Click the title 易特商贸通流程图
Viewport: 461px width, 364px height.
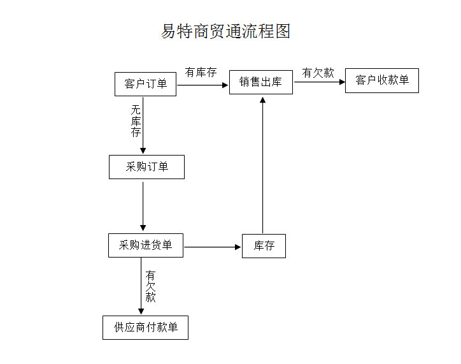[226, 31]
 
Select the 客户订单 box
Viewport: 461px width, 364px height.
[145, 84]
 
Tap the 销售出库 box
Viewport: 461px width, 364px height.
[261, 82]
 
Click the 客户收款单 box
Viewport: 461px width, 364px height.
[382, 80]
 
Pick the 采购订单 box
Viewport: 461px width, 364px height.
[146, 167]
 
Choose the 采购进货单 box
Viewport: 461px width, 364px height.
[145, 245]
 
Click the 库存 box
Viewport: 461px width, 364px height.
[264, 246]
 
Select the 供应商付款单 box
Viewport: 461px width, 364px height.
[145, 328]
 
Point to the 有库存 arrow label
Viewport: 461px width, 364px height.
[201, 72]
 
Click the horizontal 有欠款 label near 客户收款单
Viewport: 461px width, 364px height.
[318, 73]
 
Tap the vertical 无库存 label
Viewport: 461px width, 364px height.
[136, 121]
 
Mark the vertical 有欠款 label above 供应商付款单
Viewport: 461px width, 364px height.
[150, 286]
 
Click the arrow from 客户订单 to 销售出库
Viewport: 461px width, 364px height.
[202, 84]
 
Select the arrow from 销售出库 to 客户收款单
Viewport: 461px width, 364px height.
[319, 82]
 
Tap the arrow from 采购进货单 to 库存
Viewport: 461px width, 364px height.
[212, 246]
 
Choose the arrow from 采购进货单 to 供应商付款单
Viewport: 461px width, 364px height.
[141, 286]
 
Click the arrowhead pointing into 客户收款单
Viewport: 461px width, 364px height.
[341, 82]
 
